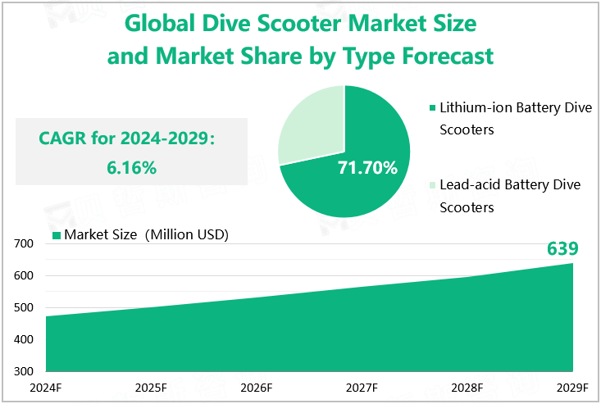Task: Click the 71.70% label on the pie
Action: (367, 168)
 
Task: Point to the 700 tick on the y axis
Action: (23, 243)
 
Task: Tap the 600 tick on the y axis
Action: (23, 275)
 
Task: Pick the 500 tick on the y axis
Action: (23, 307)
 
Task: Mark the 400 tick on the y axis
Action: (23, 339)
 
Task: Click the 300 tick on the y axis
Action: (23, 371)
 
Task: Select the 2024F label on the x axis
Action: (46, 388)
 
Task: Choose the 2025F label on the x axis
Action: (151, 388)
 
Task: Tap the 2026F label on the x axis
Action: (256, 388)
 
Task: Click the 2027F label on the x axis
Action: (362, 388)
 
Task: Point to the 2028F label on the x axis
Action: (467, 388)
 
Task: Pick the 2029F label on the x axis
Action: (571, 388)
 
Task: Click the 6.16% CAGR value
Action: (131, 168)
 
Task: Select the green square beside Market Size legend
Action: (57, 235)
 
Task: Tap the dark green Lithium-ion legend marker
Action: (431, 107)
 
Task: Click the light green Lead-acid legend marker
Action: (431, 185)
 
